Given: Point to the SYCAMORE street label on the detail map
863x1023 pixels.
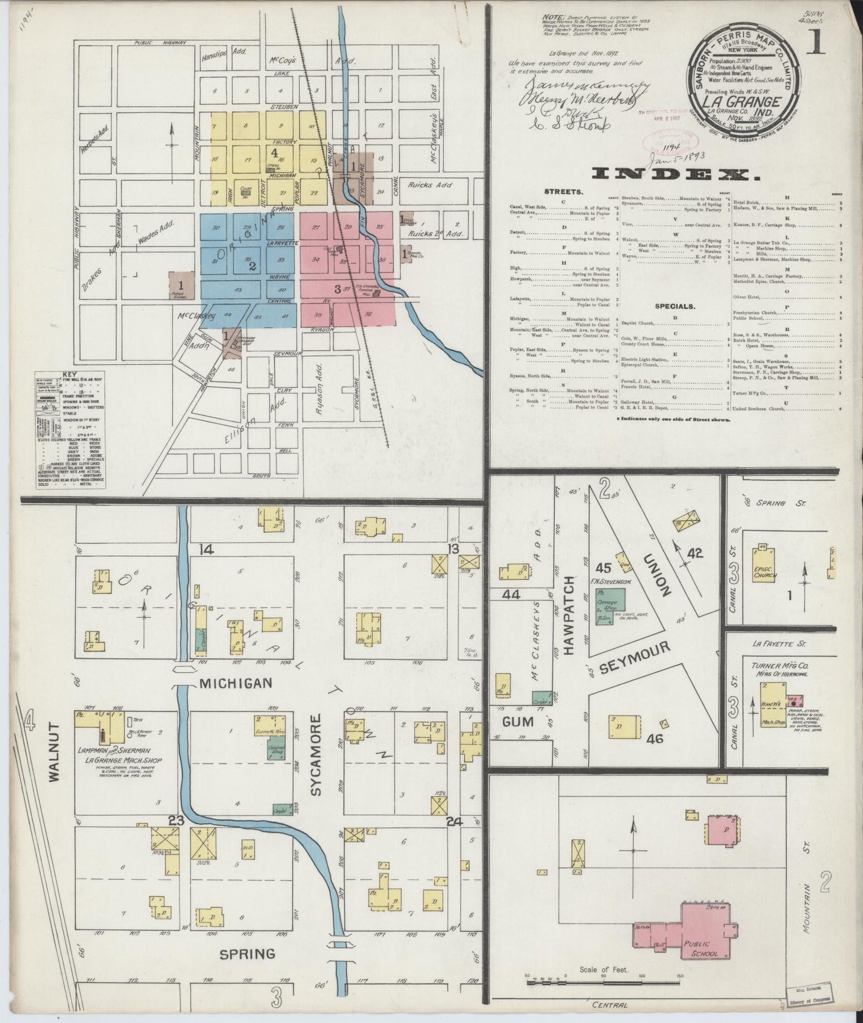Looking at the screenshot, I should pyautogui.click(x=317, y=754).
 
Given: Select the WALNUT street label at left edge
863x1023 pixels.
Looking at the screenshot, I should pyautogui.click(x=55, y=752).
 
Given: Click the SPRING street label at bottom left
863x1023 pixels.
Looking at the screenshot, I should pyautogui.click(x=247, y=954).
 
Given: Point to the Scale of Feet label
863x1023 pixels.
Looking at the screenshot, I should pyautogui.click(x=603, y=970).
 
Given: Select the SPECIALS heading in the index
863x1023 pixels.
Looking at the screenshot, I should pyautogui.click(x=675, y=306).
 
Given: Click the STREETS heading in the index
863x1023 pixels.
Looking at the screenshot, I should pyautogui.click(x=564, y=192).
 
